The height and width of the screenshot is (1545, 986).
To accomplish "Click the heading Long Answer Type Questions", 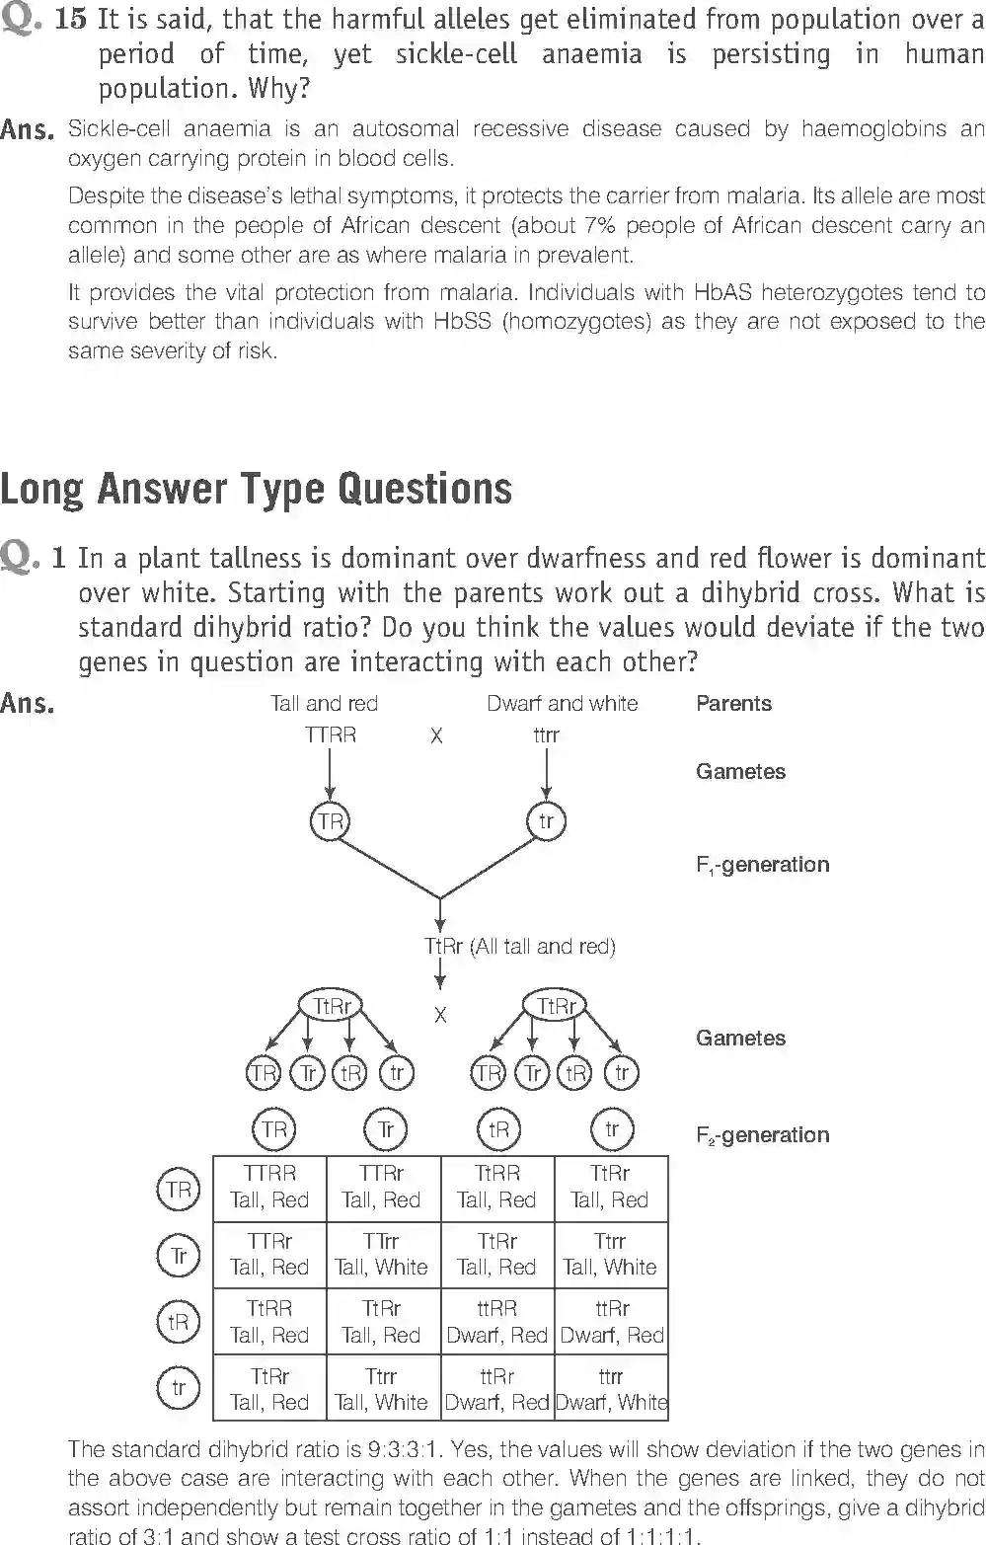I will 256,490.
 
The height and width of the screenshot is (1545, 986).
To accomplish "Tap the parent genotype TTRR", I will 330,735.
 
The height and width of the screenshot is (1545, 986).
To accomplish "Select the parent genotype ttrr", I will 546,735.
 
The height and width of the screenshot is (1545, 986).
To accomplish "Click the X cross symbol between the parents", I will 436,736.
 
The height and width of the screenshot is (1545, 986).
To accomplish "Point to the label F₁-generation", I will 762,865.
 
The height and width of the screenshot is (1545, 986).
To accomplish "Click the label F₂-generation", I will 762,1135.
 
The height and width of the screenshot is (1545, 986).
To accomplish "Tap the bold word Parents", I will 733,704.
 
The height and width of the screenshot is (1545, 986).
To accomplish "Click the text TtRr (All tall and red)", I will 519,947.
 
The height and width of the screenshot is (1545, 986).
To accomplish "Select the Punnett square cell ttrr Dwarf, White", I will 611,1389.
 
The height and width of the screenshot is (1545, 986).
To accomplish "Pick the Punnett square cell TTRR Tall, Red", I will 269,1187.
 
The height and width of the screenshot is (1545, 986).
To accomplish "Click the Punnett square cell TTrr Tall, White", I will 381,1254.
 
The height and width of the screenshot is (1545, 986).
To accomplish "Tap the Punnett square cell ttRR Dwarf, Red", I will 496,1322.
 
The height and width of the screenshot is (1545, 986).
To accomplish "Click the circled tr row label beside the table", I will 178,1389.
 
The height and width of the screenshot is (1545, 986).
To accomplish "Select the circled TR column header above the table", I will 274,1129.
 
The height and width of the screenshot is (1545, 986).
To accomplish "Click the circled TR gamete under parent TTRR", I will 330,821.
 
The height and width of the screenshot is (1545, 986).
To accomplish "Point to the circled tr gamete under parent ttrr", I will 546,821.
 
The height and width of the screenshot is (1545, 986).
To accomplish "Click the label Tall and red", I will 324,704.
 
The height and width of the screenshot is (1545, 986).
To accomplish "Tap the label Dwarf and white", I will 562,704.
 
